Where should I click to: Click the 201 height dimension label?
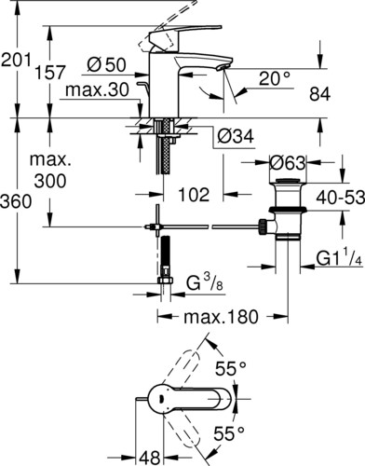(x=16, y=60)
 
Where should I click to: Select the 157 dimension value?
(x=50, y=73)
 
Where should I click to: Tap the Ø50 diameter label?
(x=106, y=65)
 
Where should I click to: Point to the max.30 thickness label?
(x=97, y=90)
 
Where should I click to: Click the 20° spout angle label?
(x=275, y=78)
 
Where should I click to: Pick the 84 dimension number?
(x=319, y=94)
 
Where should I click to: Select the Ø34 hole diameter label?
(x=236, y=136)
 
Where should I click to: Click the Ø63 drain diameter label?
(x=288, y=162)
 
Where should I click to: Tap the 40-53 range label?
(x=341, y=198)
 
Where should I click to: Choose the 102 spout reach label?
(x=194, y=195)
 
